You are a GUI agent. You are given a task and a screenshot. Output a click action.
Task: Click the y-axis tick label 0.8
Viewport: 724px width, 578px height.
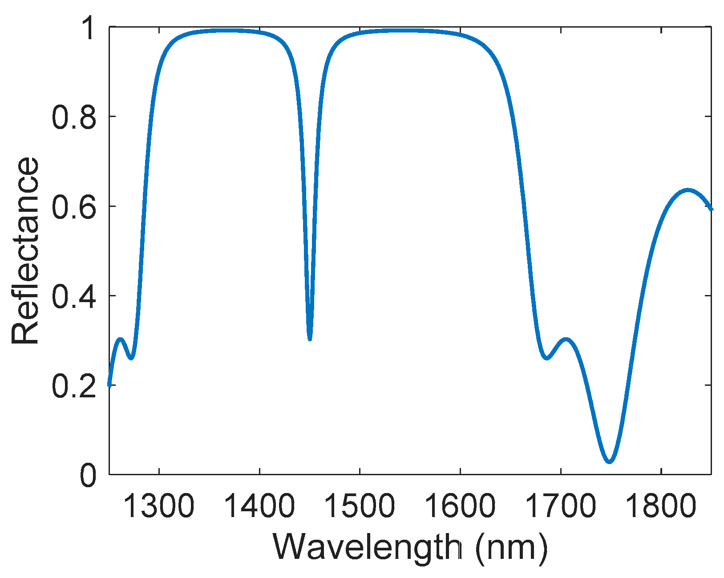pos(74,117)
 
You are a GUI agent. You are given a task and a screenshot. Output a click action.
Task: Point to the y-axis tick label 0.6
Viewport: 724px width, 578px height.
pos(74,206)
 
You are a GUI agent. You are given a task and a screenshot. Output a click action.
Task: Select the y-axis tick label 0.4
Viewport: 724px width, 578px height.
pos(74,296)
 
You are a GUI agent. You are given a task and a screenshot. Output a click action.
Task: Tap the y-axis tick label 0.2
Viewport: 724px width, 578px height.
pos(74,385)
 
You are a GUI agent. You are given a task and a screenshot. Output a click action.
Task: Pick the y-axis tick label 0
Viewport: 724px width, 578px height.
pos(88,475)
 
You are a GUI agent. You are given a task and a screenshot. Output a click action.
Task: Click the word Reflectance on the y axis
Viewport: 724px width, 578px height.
pos(25,251)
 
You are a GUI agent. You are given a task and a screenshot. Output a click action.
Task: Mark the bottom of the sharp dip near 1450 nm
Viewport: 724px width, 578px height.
pos(310,339)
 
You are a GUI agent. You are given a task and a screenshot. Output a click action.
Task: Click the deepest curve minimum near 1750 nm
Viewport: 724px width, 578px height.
pos(609,461)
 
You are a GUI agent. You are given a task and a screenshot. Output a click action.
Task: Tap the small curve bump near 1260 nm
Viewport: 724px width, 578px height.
pos(121,339)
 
